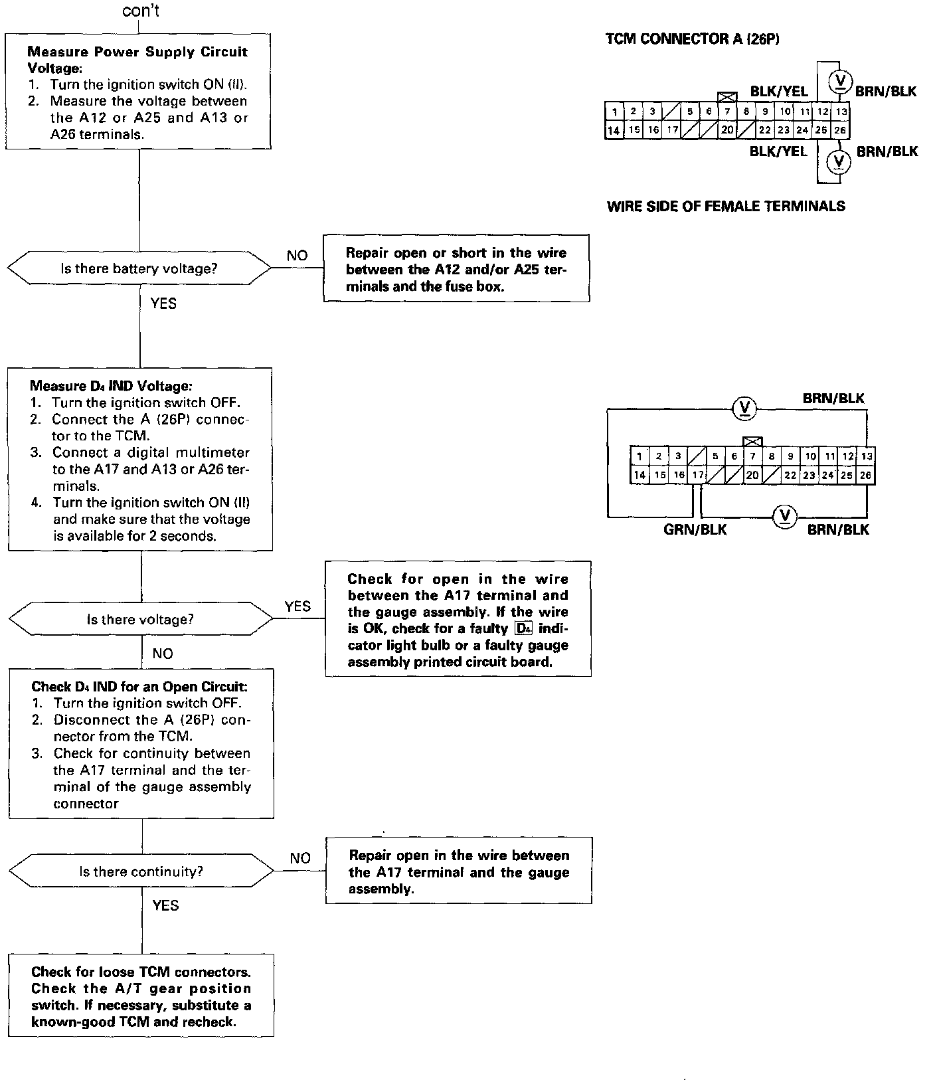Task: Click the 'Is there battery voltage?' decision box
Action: click(x=139, y=269)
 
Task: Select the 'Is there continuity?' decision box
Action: click(x=141, y=871)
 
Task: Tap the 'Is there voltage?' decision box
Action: click(x=140, y=620)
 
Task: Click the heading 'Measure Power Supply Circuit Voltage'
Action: click(x=137, y=59)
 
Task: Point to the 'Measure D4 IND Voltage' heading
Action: click(x=111, y=386)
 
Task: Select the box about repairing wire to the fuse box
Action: click(x=456, y=269)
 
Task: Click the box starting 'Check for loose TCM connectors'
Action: click(x=141, y=996)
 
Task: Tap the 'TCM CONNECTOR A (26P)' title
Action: click(x=693, y=39)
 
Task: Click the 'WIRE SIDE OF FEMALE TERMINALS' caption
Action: click(x=726, y=206)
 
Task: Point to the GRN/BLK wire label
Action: click(x=695, y=529)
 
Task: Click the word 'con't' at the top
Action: click(x=141, y=11)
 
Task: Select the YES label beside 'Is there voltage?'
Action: click(x=297, y=606)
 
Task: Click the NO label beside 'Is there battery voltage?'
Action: click(x=297, y=256)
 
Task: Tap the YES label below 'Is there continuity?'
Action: click(x=165, y=906)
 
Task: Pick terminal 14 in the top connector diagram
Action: click(x=614, y=130)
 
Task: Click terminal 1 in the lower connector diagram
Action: click(x=639, y=456)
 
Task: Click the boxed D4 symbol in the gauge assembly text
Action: click(x=523, y=628)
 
